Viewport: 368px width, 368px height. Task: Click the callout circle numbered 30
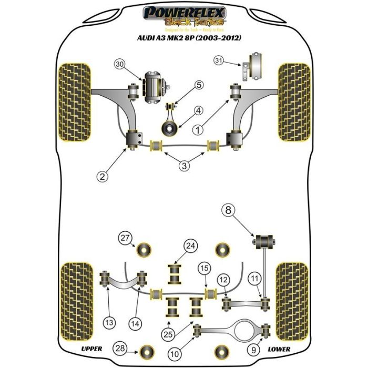click(x=120, y=65)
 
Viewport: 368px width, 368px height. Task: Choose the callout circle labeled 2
click(x=104, y=177)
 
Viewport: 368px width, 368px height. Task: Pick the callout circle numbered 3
click(x=183, y=166)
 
